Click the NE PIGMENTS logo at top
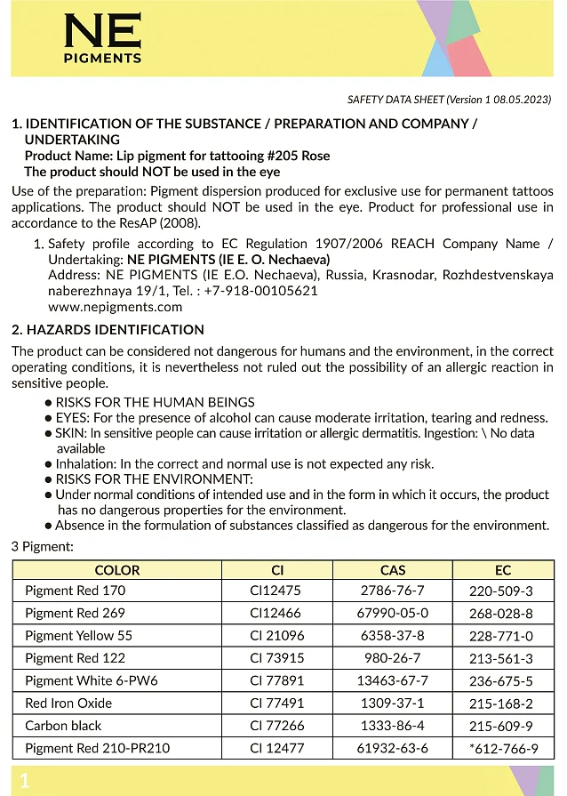pos(102,41)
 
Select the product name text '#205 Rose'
pos(302,156)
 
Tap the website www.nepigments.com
pos(115,307)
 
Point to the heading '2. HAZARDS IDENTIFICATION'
pos(108,330)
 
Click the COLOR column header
pos(117,570)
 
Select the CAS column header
pos(392,570)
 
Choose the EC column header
pos(502,570)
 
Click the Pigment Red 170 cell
pos(76,591)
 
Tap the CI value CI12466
pos(276,613)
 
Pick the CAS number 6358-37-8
pos(392,636)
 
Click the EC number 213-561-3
pos(502,659)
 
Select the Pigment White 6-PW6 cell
pos(92,681)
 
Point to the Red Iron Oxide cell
pos(68,704)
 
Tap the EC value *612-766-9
pos(503,749)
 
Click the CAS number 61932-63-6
pos(392,748)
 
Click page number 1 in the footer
pos(25,781)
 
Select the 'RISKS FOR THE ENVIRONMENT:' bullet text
pos(155,478)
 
